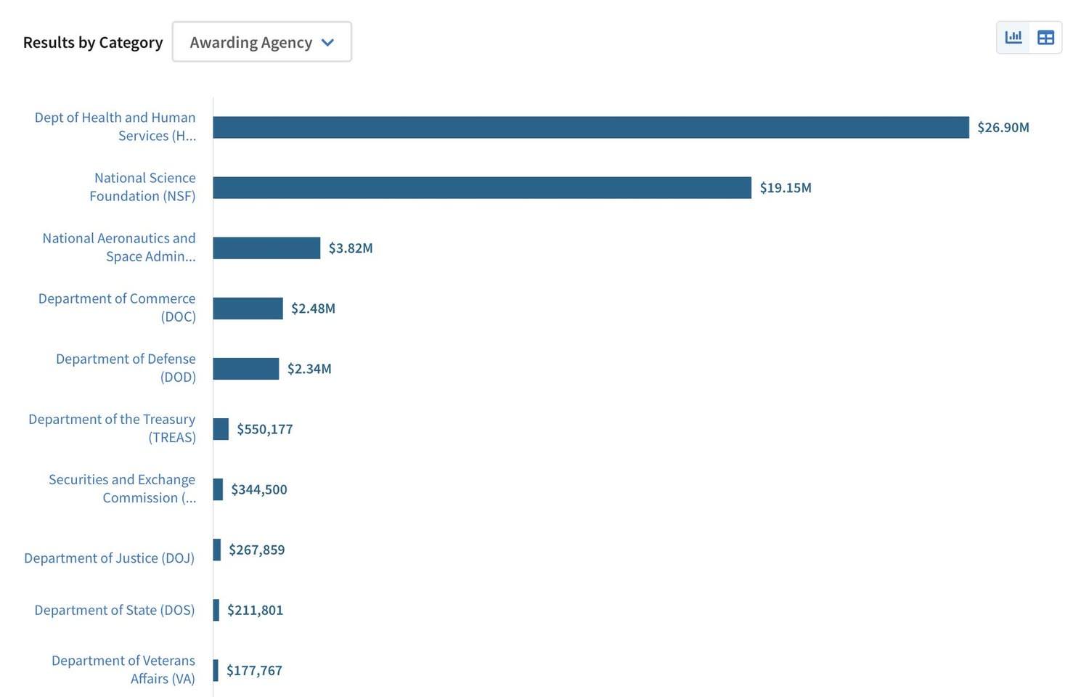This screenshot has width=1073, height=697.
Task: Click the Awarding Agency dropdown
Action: pyautogui.click(x=261, y=42)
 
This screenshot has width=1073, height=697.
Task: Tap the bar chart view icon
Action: pyautogui.click(x=1013, y=37)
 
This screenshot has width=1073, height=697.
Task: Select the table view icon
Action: pyautogui.click(x=1045, y=37)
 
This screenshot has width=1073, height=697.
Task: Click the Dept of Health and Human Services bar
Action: pyautogui.click(x=590, y=128)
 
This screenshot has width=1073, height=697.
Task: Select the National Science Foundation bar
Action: pyautogui.click(x=481, y=188)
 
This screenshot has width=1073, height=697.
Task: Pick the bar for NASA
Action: pyautogui.click(x=266, y=248)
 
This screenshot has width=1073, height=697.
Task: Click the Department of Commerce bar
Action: pyautogui.click(x=248, y=309)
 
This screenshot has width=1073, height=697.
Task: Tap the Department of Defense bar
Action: pyautogui.click(x=245, y=369)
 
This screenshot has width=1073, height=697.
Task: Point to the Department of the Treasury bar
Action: pyautogui.click(x=221, y=429)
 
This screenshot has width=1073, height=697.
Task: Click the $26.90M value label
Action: pyautogui.click(x=1003, y=128)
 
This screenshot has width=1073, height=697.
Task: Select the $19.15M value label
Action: pyautogui.click(x=785, y=188)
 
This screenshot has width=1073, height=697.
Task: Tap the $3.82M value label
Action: pyautogui.click(x=350, y=248)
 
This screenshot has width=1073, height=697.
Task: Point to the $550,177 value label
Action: pyautogui.click(x=264, y=429)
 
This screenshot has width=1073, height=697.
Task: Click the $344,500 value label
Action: pyautogui.click(x=258, y=489)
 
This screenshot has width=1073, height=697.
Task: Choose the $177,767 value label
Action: pyautogui.click(x=254, y=670)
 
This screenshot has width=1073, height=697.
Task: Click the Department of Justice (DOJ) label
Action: pyautogui.click(x=109, y=558)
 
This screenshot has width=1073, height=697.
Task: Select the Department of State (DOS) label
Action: pyautogui.click(x=114, y=610)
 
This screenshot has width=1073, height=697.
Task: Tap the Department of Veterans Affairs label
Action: pyautogui.click(x=123, y=669)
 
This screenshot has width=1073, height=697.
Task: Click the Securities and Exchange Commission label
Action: pyautogui.click(x=122, y=489)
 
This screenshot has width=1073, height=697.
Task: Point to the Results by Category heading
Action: pyautogui.click(x=93, y=42)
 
